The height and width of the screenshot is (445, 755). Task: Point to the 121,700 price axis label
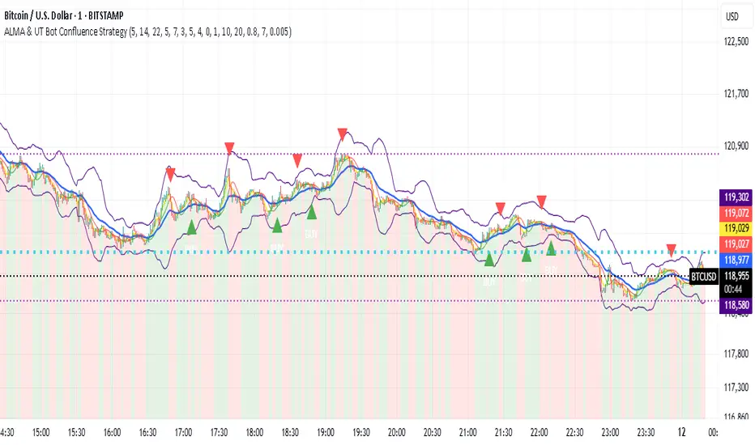(735, 94)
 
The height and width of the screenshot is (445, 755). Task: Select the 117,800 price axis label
(735, 353)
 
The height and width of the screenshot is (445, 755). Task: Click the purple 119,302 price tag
(735, 196)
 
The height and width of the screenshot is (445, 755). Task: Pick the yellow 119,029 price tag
(735, 229)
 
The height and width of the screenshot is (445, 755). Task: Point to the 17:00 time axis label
(184, 433)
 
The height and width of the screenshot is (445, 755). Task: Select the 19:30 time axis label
(360, 433)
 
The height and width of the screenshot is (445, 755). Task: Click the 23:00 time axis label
(609, 433)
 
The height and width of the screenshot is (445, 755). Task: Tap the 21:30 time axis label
(503, 433)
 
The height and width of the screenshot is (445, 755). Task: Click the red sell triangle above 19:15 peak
(343, 133)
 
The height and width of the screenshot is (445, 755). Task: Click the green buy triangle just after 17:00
(192, 227)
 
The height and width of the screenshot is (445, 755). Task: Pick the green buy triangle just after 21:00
(488, 259)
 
